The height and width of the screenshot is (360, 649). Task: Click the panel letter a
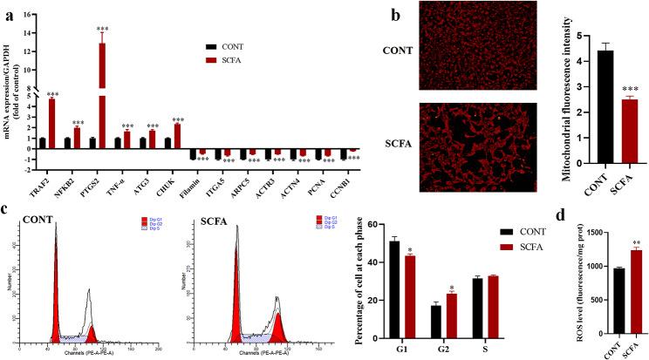click(7, 9)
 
